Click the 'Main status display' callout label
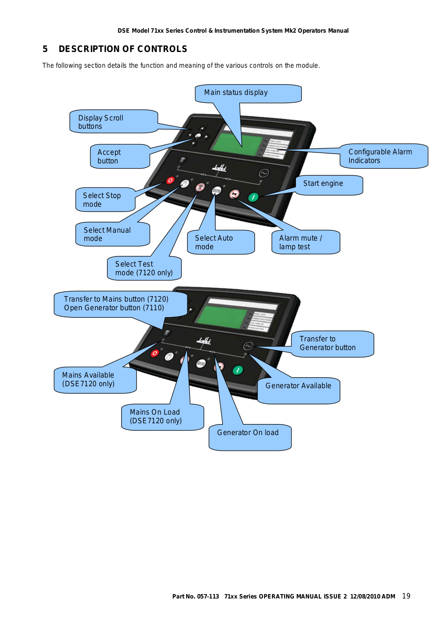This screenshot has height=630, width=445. [248, 93]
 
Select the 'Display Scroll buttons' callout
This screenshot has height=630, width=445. [113, 122]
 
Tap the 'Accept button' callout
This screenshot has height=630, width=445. [120, 156]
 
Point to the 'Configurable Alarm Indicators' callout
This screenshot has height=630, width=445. [383, 156]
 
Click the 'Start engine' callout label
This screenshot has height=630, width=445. [329, 185]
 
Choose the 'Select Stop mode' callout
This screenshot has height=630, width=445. [105, 200]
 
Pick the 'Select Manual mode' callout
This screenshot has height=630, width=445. [113, 234]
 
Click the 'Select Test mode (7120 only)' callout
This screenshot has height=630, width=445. [144, 269]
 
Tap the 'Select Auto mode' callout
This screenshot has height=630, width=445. [221, 242]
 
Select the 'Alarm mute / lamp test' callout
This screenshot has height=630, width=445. [305, 242]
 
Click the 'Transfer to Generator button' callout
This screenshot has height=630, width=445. [332, 343]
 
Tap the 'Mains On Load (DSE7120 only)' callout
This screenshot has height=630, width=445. [162, 417]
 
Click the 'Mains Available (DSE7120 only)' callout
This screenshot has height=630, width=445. [95, 380]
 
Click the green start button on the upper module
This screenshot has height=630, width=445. [253, 197]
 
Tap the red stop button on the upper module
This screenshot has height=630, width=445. [170, 180]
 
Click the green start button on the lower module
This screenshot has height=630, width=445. [238, 370]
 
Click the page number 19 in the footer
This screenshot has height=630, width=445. [406, 596]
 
